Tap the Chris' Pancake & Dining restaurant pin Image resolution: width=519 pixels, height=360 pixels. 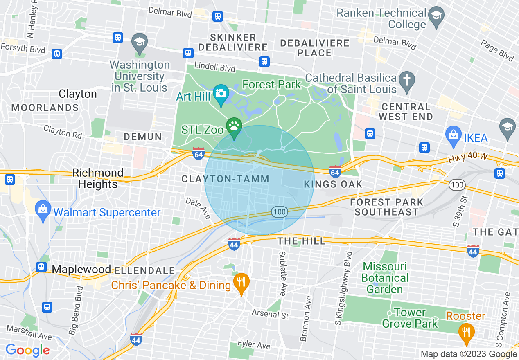(x=241, y=282)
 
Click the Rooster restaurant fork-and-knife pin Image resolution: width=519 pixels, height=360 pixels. (x=466, y=331)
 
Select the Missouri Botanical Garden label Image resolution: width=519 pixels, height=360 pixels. (x=385, y=278)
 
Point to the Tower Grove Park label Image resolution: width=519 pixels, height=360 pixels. (x=410, y=318)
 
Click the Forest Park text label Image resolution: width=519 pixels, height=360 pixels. (x=272, y=85)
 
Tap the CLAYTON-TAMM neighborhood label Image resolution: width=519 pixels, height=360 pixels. (x=225, y=179)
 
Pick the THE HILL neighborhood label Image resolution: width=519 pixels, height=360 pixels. (x=302, y=241)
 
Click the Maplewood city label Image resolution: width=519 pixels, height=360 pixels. (x=81, y=269)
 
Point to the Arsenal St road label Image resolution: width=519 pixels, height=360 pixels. (x=270, y=314)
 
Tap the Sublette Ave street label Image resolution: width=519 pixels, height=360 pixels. (x=282, y=274)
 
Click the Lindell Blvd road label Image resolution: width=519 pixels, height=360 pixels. (x=215, y=66)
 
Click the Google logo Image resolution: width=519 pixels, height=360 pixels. (x=27, y=350)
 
